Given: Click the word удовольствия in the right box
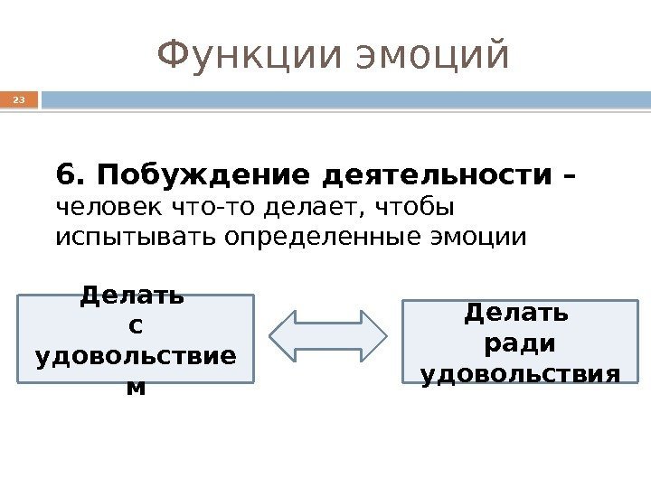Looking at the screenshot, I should pos(521,372).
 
